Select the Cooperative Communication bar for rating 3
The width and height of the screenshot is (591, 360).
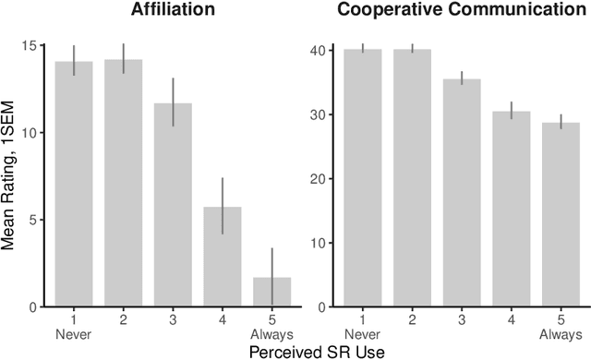450,193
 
